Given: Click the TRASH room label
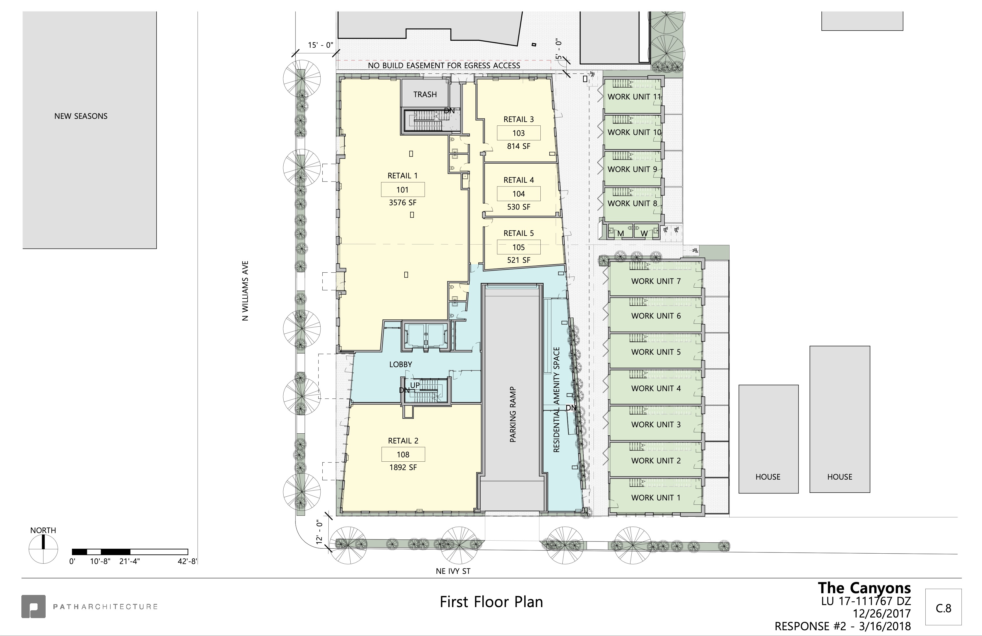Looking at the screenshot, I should pos(425,95).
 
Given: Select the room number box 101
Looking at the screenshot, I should pos(402,190).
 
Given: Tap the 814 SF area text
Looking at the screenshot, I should pos(519,146).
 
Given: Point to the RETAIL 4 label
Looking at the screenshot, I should pos(519,180).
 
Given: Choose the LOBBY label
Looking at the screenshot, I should pos(401,364).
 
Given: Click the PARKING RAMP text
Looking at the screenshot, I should pos(513,414).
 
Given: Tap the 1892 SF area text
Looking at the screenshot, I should pos(403,467).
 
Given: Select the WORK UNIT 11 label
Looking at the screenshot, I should pos(634,97).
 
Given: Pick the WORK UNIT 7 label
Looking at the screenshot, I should pos(656,281).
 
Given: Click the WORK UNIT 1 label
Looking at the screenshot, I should pos(656,498).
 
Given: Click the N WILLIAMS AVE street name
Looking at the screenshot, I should pos(245,291).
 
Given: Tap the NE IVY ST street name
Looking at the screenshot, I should pos(453,571).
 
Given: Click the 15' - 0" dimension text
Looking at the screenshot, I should pos(320,45).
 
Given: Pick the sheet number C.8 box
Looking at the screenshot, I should pos(943,607).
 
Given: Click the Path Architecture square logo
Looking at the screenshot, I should pos(34,606).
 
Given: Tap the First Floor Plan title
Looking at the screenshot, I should pos(491,602).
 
